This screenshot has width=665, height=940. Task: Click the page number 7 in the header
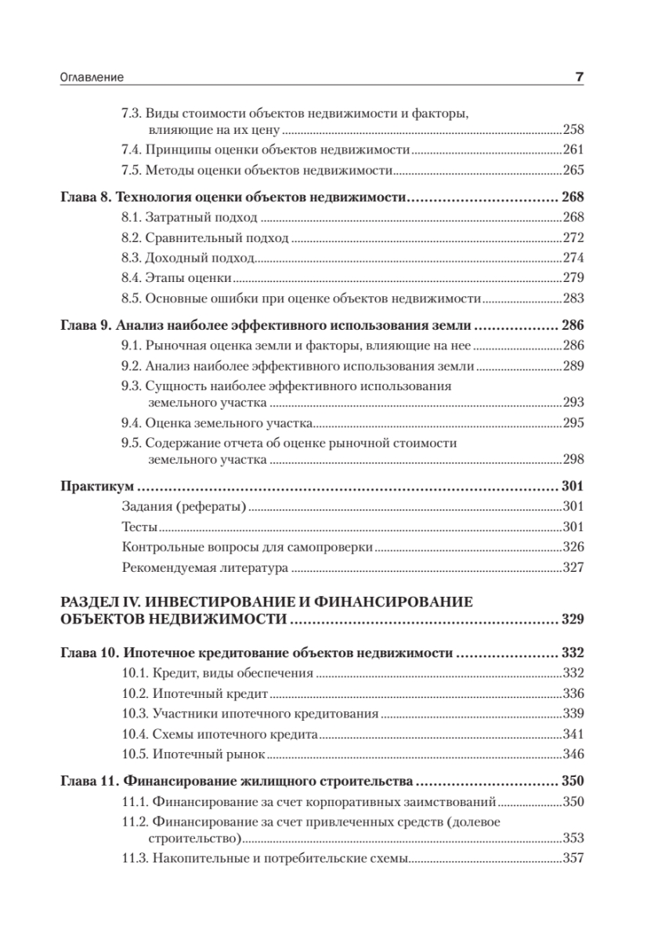point(580,77)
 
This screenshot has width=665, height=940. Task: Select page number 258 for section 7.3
point(573,129)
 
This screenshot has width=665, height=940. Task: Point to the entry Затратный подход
point(202,217)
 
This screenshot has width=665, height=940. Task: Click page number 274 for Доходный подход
point(573,257)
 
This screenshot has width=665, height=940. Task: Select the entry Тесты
point(141,526)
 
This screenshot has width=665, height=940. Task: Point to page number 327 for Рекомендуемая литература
point(573,567)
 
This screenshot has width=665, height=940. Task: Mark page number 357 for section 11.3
point(573,858)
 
